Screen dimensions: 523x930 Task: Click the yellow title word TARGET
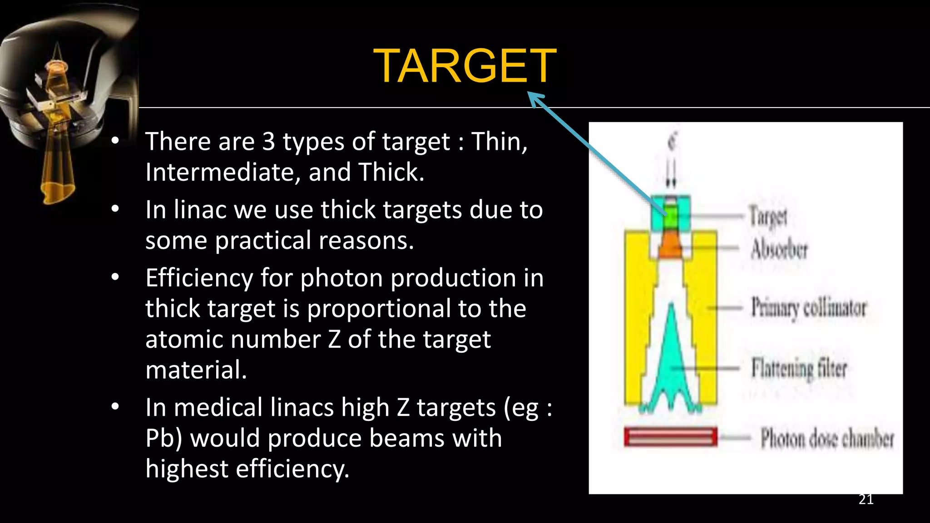pyautogui.click(x=465, y=66)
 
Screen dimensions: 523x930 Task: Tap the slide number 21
pyautogui.click(x=866, y=499)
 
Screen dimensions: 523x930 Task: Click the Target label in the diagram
pyautogui.click(x=768, y=216)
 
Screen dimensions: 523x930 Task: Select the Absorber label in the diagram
pyautogui.click(x=779, y=249)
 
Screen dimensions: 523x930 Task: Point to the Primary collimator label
pyautogui.click(x=808, y=308)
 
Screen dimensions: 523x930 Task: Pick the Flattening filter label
pyautogui.click(x=799, y=368)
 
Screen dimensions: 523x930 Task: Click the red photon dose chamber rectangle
pyautogui.click(x=670, y=437)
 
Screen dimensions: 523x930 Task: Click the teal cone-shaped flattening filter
pyautogui.click(x=671, y=363)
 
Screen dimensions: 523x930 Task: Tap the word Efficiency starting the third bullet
pyautogui.click(x=199, y=278)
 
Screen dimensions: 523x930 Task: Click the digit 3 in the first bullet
pyautogui.click(x=268, y=142)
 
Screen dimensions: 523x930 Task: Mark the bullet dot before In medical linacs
pyautogui.click(x=115, y=406)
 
